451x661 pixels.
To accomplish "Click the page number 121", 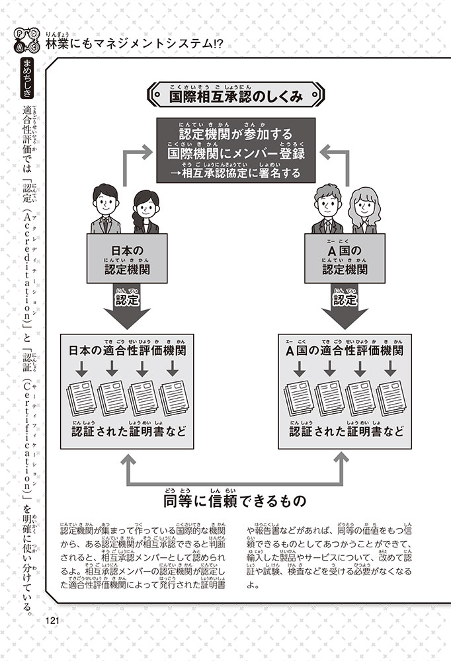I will click(53, 619).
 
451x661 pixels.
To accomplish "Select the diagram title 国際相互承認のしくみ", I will click(235, 97).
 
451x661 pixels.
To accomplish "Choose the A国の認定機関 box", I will click(346, 260).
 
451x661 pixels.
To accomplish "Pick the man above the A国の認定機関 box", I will click(327, 208).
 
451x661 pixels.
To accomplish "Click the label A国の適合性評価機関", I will click(344, 350).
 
